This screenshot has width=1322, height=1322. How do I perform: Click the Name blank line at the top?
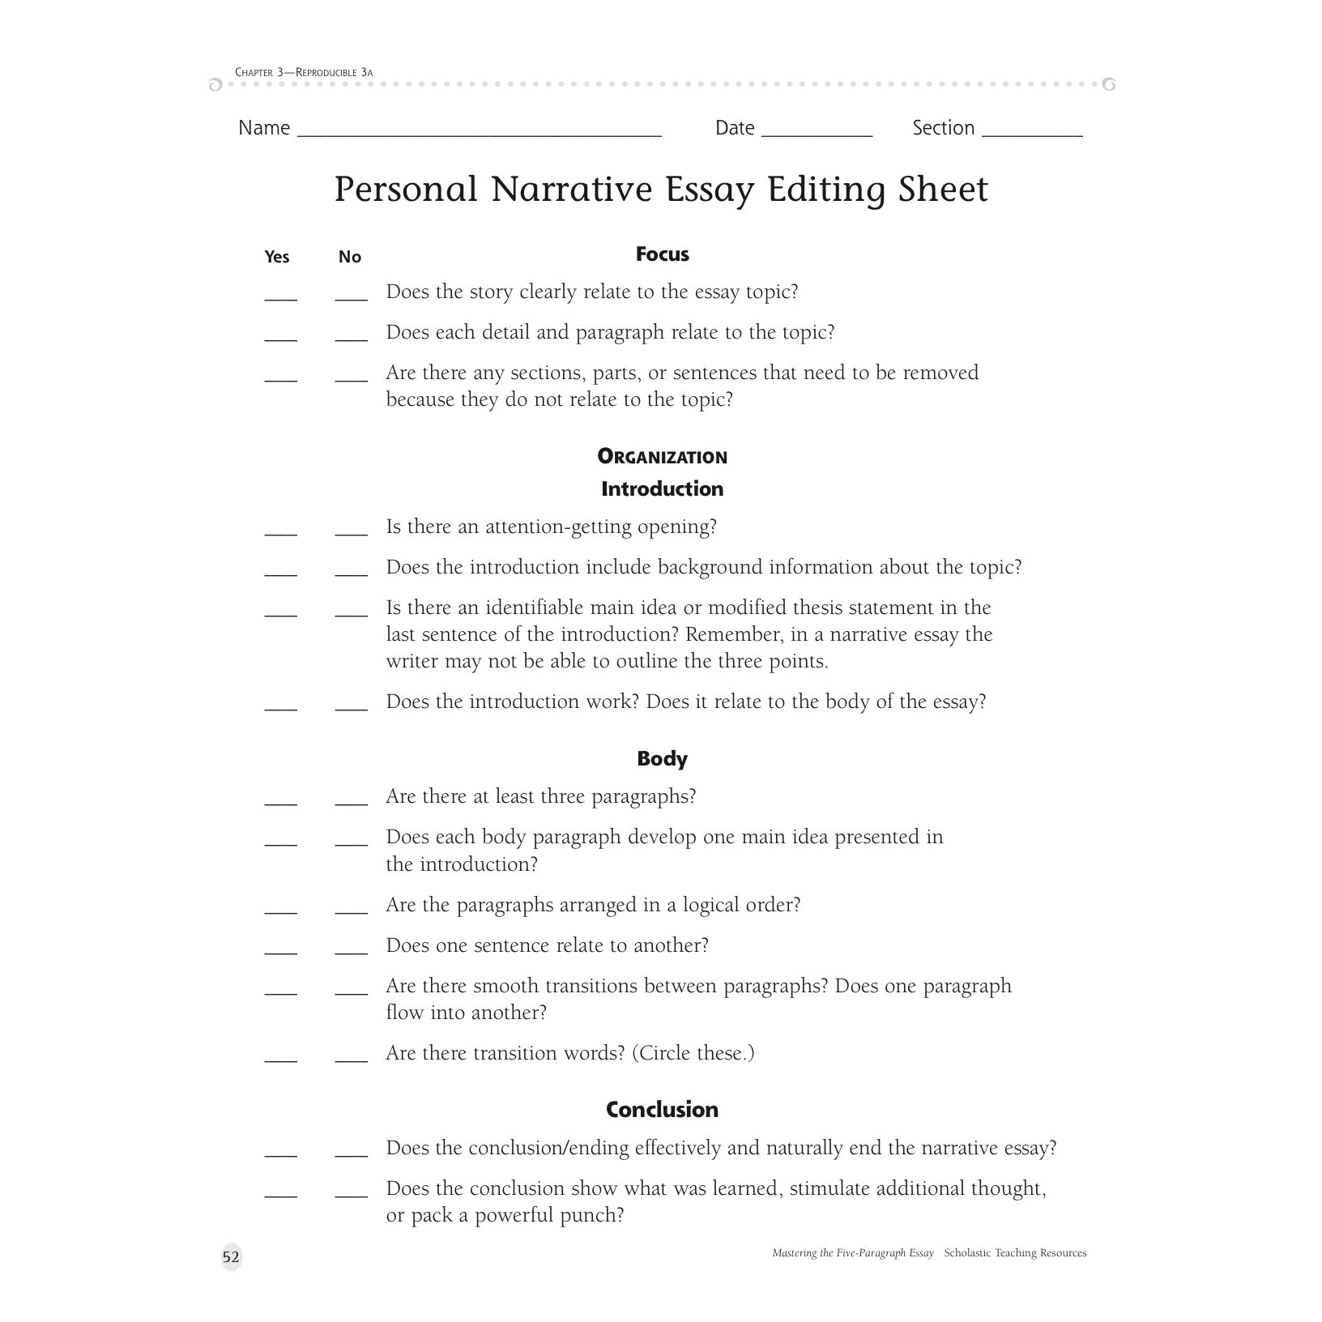(x=480, y=134)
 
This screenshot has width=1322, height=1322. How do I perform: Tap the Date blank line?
(x=817, y=134)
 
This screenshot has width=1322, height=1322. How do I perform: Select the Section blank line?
(x=1031, y=134)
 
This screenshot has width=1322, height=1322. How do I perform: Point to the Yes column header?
(x=277, y=257)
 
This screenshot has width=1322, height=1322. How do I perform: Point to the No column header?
(x=350, y=257)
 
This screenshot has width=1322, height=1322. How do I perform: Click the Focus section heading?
(x=662, y=254)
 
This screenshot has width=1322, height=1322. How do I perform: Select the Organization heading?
(x=662, y=457)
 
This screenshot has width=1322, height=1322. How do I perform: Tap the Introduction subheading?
(x=662, y=489)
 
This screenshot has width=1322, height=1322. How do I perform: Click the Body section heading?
(x=662, y=759)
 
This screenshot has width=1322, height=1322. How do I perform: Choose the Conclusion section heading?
(x=662, y=1110)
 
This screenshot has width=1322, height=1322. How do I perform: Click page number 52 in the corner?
(x=231, y=1257)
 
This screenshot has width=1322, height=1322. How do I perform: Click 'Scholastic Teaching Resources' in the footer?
(x=1015, y=1253)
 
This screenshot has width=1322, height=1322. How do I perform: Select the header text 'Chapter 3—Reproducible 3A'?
(x=304, y=73)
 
